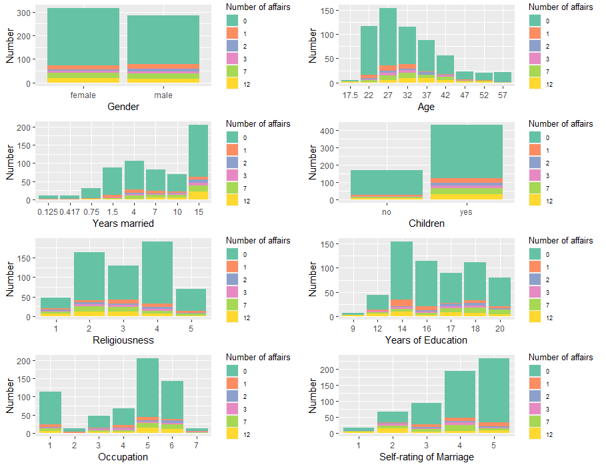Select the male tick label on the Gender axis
pyautogui.click(x=163, y=95)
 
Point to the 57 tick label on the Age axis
pyautogui.click(x=503, y=95)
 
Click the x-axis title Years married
pyautogui.click(x=123, y=223)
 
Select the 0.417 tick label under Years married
pyautogui.click(x=69, y=212)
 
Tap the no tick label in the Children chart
pyautogui.click(x=387, y=212)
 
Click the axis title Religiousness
pyautogui.click(x=123, y=340)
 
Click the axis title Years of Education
pyautogui.click(x=426, y=340)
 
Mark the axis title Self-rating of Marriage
pyautogui.click(x=426, y=457)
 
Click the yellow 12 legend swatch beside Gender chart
pyautogui.click(x=233, y=84)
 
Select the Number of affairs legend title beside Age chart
pyautogui.click(x=560, y=7)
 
